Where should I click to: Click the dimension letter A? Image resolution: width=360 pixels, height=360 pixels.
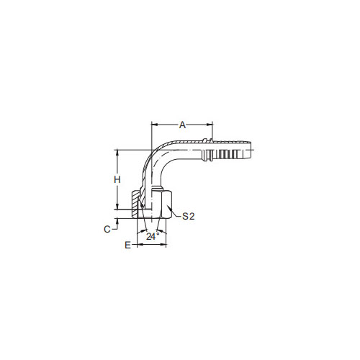[x=182, y=125]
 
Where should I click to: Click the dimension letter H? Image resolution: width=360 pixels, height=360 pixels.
[x=117, y=179]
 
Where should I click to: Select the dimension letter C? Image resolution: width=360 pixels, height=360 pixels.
[x=107, y=230]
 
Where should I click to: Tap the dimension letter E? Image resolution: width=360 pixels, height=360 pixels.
[x=128, y=245]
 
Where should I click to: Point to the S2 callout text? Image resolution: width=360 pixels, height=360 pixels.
[x=189, y=216]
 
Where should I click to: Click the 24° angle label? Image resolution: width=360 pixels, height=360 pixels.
[x=153, y=237]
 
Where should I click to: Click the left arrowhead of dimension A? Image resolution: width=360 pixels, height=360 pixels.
[x=154, y=125]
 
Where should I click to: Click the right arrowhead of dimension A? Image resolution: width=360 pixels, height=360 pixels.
[x=210, y=125]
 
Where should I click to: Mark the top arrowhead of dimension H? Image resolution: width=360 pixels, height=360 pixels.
[x=117, y=153]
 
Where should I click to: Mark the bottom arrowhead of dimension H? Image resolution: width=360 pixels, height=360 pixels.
[x=117, y=207]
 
